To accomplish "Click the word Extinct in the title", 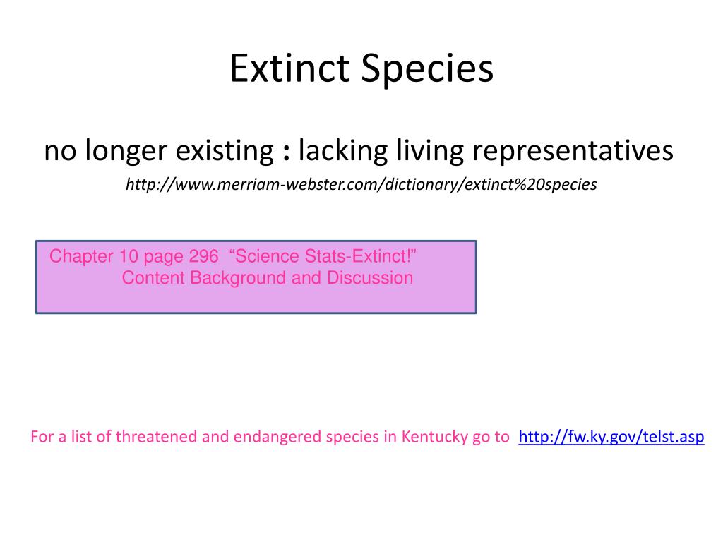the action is (x=289, y=68).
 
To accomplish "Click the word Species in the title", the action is (x=427, y=69).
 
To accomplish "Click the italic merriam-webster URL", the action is (x=361, y=184).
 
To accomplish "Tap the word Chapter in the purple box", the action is (x=81, y=256).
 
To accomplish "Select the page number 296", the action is (x=203, y=256).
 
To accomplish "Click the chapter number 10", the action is (x=129, y=256).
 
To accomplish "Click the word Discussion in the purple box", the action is (x=370, y=278).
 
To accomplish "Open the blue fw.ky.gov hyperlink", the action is (x=611, y=436).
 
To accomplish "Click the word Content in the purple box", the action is (x=153, y=278).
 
